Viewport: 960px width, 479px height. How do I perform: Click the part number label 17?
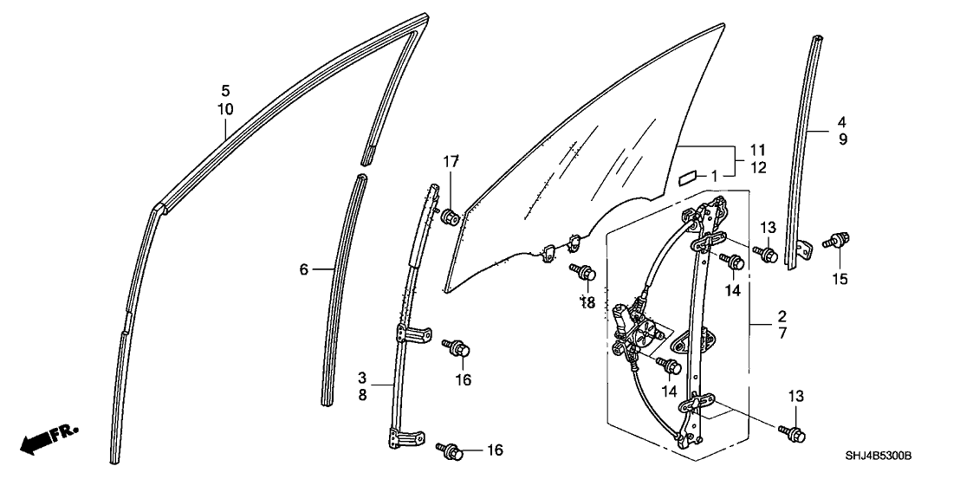451,161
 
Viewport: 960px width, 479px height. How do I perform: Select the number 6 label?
304,270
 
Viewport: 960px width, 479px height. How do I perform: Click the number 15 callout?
839,279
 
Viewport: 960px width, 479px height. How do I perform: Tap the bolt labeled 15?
837,240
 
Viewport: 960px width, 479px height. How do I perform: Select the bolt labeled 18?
584,273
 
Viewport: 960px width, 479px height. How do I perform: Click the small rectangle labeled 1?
687,178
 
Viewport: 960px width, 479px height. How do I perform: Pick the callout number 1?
714,176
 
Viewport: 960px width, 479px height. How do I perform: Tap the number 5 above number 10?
225,90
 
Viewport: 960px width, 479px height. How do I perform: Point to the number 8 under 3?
363,394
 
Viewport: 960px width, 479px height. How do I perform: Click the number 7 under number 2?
782,333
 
